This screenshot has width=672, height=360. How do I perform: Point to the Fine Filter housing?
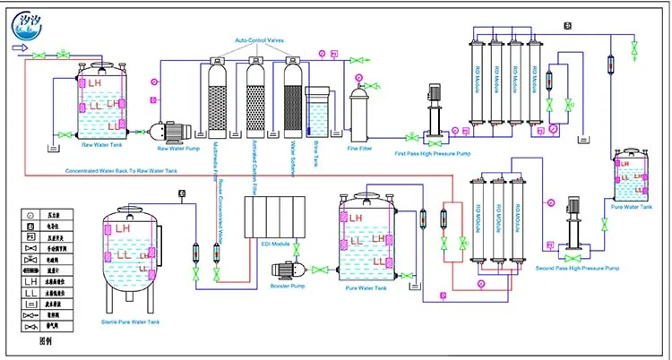pos(360,111)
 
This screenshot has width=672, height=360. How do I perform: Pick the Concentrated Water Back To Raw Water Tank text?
pos(121,170)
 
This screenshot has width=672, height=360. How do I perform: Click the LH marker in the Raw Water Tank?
pos(97,82)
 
